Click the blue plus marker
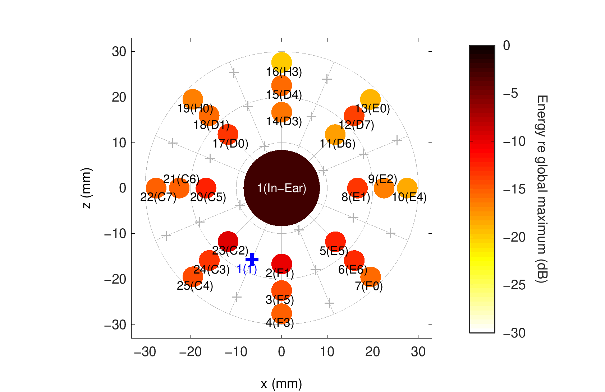click(x=252, y=259)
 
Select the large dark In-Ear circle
click(x=281, y=188)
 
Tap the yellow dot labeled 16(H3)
click(x=281, y=62)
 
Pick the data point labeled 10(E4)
click(x=407, y=188)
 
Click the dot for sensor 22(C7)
click(x=156, y=188)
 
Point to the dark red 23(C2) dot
click(x=228, y=241)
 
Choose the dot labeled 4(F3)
click(x=281, y=313)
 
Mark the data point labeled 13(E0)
click(x=370, y=99)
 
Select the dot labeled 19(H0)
click(x=193, y=99)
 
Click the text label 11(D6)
click(x=338, y=144)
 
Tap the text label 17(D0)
click(x=230, y=144)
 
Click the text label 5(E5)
click(x=334, y=251)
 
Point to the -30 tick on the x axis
click(x=145, y=352)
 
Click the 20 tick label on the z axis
click(x=119, y=97)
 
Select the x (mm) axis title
click(x=281, y=384)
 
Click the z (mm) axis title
click(x=87, y=188)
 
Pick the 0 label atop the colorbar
click(x=507, y=46)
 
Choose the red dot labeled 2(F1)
click(x=281, y=264)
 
